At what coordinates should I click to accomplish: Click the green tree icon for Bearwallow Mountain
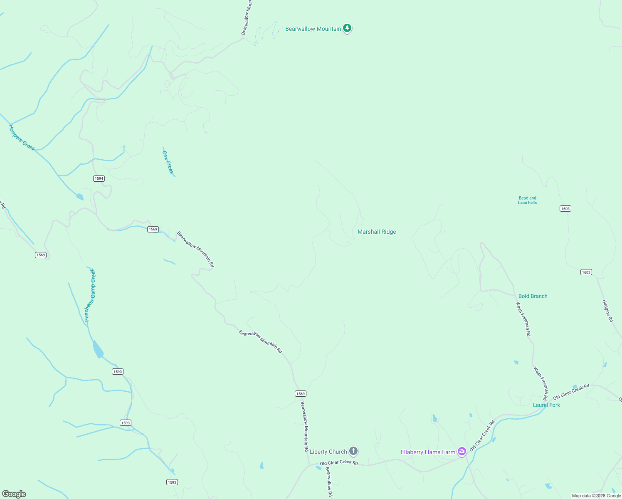(347, 28)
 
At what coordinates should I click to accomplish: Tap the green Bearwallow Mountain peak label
(313, 29)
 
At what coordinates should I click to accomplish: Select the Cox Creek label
(168, 162)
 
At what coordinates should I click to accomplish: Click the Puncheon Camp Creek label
(90, 295)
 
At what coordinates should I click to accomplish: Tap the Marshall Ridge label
(377, 232)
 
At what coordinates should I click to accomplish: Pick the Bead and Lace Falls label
(527, 200)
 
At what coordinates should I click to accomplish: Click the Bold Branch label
(533, 296)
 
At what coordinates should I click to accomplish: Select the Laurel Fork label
(546, 405)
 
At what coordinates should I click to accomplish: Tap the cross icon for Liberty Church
(353, 451)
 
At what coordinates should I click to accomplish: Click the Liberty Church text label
(328, 452)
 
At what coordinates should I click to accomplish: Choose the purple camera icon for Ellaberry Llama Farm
(462, 452)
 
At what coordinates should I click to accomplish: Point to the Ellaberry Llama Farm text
(428, 452)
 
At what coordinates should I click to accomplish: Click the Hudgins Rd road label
(608, 311)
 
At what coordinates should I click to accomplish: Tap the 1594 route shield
(99, 178)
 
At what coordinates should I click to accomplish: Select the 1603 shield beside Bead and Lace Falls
(565, 208)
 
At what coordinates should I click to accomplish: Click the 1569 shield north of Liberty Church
(300, 393)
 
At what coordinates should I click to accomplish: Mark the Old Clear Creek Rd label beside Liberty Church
(338, 462)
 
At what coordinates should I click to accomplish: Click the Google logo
(14, 494)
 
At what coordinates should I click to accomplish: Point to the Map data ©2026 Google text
(596, 496)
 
